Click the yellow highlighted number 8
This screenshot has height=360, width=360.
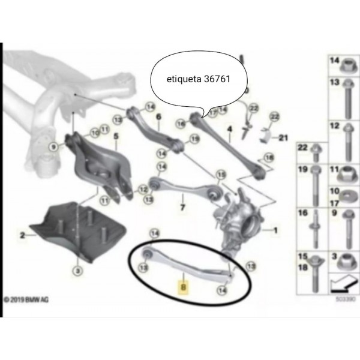coord(184,287)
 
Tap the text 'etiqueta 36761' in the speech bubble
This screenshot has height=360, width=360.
coord(196,78)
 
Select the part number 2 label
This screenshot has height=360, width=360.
coord(22,236)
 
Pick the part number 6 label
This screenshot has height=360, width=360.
coord(159,117)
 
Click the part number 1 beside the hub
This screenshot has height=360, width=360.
coord(277,230)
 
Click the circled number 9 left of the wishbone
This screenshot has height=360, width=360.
coord(53,146)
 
